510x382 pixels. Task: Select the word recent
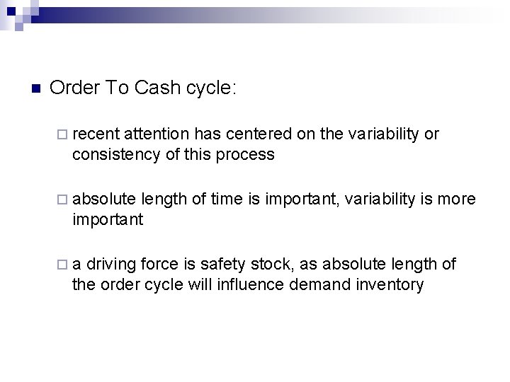[x=96, y=134]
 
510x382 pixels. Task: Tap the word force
[x=160, y=265]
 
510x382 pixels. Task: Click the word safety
[x=222, y=265]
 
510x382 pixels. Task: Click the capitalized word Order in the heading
[x=74, y=88]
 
